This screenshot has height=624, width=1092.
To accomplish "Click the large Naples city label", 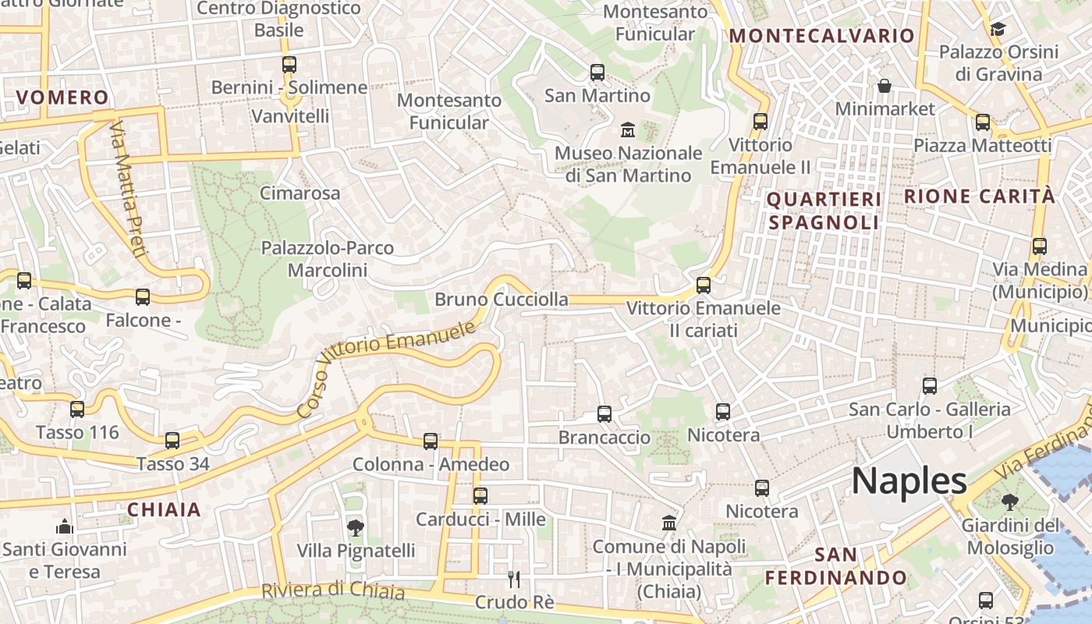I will click(x=909, y=481).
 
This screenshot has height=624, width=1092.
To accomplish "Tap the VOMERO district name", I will click(x=62, y=97).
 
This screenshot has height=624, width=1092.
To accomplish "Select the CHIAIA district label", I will click(x=164, y=510).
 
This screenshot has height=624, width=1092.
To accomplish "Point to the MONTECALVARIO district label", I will click(x=821, y=36).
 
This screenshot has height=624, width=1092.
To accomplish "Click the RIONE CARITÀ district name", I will click(x=980, y=197).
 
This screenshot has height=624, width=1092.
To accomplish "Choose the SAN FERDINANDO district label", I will click(x=836, y=566).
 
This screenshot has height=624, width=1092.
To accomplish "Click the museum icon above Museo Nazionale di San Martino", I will click(x=627, y=129).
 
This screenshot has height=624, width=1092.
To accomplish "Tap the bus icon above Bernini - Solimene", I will click(x=289, y=65).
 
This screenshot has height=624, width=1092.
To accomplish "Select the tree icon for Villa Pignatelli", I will click(x=356, y=528).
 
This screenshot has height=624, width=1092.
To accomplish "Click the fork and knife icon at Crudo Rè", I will click(x=513, y=579).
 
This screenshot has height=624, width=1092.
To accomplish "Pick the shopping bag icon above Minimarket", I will click(x=885, y=85).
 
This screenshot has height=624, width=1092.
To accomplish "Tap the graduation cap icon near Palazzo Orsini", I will click(x=998, y=30).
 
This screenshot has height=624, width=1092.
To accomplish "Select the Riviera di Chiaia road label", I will click(x=333, y=590).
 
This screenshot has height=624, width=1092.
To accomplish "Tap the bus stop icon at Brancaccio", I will click(x=604, y=414).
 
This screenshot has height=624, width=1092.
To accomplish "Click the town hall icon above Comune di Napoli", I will click(x=668, y=523).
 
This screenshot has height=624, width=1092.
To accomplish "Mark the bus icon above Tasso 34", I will click(x=172, y=441).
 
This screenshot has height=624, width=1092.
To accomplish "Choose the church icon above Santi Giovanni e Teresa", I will click(x=64, y=526).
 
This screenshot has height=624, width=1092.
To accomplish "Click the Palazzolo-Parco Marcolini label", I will click(x=328, y=259).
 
